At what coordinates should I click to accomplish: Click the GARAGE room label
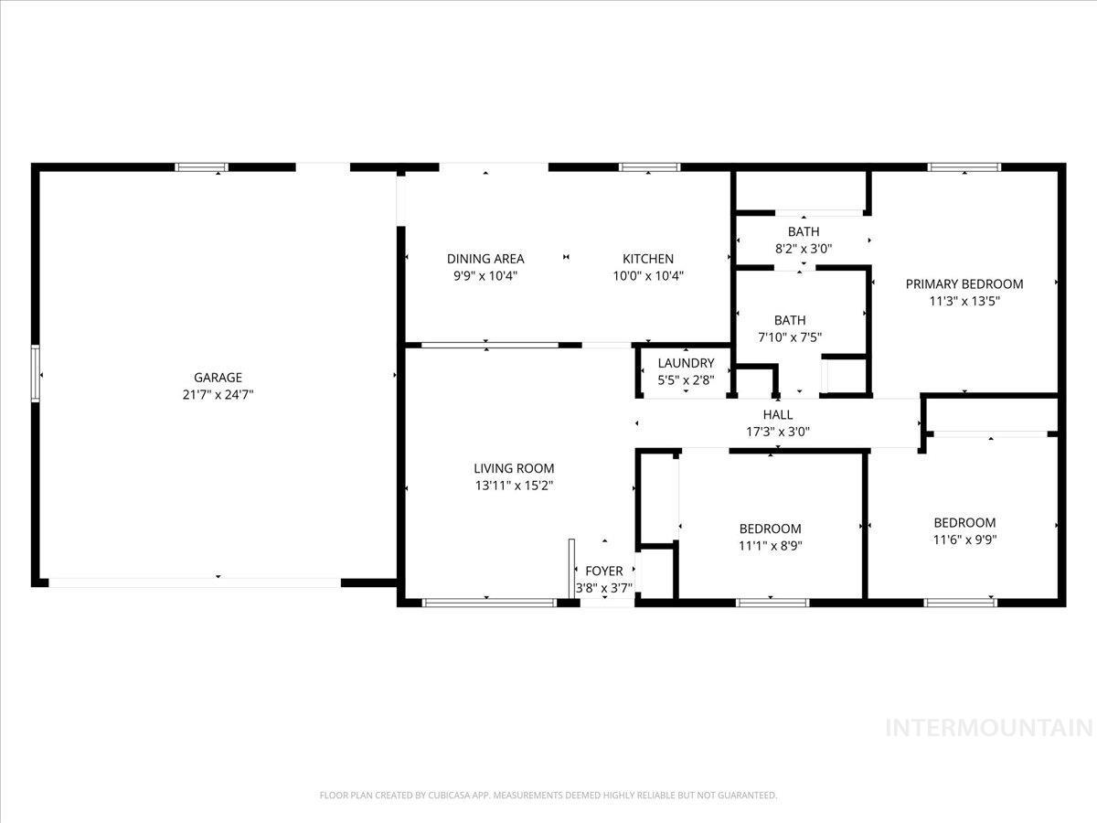[218, 377]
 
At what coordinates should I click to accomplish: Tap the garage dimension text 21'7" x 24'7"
[218, 395]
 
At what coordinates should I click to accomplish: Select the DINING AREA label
[485, 259]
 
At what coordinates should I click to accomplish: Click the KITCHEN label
[648, 259]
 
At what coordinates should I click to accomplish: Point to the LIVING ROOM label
[514, 468]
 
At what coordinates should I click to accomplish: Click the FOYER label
[604, 572]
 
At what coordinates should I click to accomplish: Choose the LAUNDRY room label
[686, 363]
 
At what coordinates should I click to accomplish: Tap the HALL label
[777, 414]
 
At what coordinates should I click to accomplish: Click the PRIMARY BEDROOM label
[964, 283]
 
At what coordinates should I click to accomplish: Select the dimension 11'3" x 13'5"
[964, 301]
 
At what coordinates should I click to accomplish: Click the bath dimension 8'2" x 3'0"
[804, 248]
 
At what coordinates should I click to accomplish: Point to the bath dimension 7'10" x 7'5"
[790, 337]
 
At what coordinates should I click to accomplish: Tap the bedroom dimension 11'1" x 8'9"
[770, 546]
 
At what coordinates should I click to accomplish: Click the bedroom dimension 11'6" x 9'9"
[964, 540]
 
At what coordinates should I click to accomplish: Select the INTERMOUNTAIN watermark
[990, 729]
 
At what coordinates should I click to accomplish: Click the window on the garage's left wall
[37, 372]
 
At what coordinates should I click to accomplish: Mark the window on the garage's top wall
[201, 167]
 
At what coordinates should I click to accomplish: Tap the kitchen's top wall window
[649, 167]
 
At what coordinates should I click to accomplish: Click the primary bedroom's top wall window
[964, 167]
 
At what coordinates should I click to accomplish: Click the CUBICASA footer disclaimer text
[548, 796]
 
